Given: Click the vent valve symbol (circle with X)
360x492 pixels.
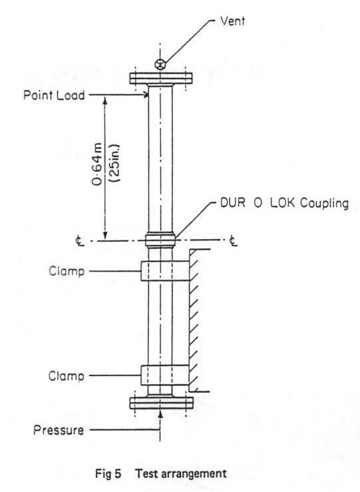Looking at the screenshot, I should (160, 64).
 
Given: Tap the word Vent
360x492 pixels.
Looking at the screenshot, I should (233, 21).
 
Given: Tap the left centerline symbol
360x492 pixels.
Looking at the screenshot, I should (80, 241).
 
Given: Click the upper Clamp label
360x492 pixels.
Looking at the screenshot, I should (65, 271).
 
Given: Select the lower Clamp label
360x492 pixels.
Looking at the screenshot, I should (65, 376).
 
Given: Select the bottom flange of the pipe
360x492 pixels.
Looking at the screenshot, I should (160, 402).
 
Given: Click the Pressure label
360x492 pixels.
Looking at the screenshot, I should (59, 430).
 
